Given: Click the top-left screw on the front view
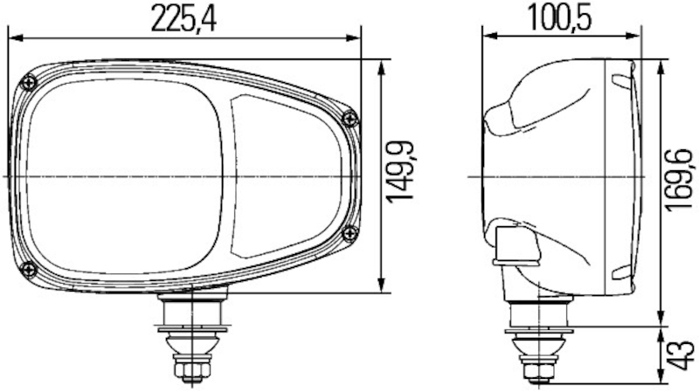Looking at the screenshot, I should [x=31, y=82].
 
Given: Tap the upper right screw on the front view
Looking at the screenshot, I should [x=350, y=118].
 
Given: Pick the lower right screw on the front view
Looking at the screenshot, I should [x=349, y=231].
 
